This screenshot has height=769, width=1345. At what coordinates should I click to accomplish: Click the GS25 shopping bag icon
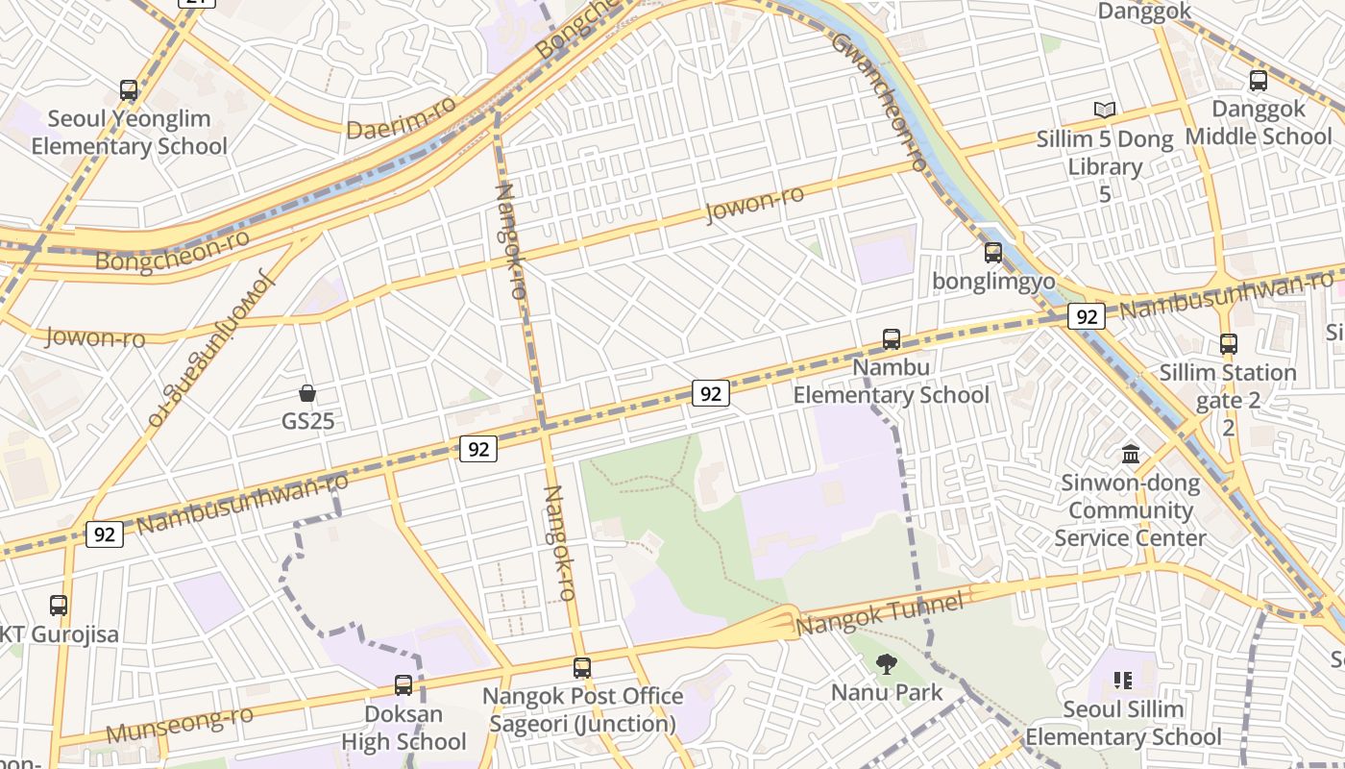307,393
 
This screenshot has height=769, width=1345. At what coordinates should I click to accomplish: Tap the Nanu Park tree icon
887,663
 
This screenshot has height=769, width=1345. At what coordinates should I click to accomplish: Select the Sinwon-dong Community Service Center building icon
1131,454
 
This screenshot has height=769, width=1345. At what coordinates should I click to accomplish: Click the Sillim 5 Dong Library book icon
1105,111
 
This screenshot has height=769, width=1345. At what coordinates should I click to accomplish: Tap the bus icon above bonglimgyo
992,253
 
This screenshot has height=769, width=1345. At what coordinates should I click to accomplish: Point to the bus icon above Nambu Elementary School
892,339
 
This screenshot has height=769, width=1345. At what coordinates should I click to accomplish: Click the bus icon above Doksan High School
403,685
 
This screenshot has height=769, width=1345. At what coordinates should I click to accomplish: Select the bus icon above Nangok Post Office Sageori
581,668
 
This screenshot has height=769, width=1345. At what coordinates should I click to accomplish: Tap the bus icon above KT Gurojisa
59,606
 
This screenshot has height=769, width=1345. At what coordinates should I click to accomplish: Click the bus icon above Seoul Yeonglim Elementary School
129,90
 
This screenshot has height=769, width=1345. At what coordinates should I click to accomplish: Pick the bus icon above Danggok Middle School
1258,81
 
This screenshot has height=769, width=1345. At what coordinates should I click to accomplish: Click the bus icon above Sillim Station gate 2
1228,343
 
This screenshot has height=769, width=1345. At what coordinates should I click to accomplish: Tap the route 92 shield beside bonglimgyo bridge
1086,317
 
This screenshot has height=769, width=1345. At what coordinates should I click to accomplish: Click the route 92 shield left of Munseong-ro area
104,534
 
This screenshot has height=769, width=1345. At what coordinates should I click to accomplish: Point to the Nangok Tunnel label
879,614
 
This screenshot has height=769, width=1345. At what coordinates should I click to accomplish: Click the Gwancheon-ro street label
879,101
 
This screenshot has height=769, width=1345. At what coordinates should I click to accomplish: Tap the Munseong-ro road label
180,724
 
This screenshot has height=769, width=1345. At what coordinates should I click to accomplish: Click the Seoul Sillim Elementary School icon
1123,681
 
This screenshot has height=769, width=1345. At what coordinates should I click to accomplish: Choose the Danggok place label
1144,12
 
